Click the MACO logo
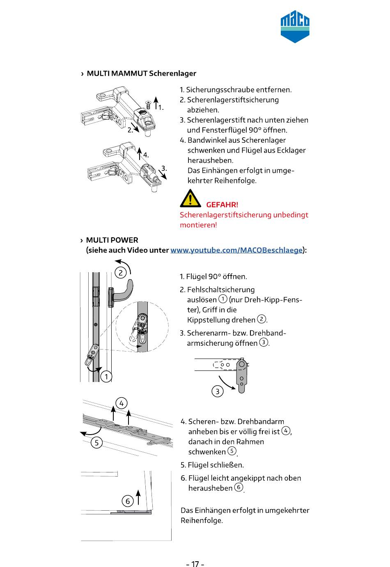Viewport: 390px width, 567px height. point(295,27)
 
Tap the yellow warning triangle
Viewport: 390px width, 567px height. point(190,199)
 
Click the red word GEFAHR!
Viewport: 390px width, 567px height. point(222,204)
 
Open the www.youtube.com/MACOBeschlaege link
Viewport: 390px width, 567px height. point(236,250)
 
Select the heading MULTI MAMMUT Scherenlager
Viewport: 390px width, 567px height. point(141,74)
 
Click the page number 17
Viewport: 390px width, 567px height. point(195,563)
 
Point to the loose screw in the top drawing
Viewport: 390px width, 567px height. point(148,104)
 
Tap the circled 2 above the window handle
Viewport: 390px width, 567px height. point(121,273)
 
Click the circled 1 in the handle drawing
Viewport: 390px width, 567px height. point(106,377)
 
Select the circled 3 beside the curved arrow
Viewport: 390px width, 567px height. point(217,391)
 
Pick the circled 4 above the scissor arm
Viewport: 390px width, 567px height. point(122,403)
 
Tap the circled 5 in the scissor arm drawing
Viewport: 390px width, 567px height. point(96,443)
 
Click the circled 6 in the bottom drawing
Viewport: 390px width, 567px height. point(128,501)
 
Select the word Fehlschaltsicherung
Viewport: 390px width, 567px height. point(220,289)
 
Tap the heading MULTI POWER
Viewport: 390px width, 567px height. point(112,240)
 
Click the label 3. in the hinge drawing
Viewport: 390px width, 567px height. point(164,168)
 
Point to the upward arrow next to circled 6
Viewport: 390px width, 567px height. point(138,497)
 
